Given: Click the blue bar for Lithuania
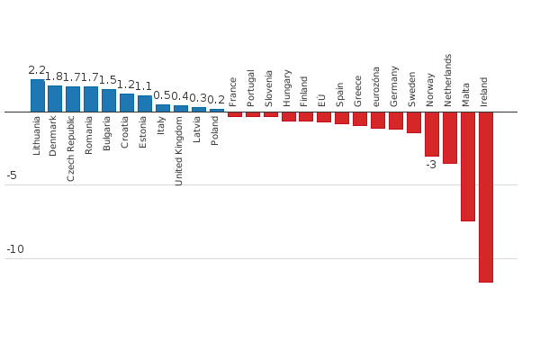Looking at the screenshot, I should (37, 95).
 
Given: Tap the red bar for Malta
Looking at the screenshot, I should (468, 166).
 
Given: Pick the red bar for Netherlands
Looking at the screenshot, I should (450, 137).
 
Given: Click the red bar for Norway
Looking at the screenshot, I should (432, 133).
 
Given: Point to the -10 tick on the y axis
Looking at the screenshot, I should (15, 249).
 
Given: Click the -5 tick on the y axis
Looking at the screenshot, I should (12, 175).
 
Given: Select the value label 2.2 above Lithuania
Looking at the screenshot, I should (37, 70).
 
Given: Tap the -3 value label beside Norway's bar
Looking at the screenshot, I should (431, 165).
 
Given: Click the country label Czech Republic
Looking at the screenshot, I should (72, 148).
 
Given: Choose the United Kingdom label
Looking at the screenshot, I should (179, 150).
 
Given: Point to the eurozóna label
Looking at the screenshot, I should (376, 86).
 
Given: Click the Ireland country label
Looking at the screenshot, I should (484, 92).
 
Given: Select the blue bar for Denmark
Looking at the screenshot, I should (55, 98).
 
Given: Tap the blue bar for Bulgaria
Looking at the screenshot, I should (109, 100).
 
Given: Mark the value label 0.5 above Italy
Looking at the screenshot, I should (162, 95).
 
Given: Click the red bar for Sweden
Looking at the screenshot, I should (414, 121).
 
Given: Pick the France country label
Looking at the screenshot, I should (233, 92).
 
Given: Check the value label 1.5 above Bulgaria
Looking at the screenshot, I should (108, 80).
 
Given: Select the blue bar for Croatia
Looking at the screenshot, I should (127, 103).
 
